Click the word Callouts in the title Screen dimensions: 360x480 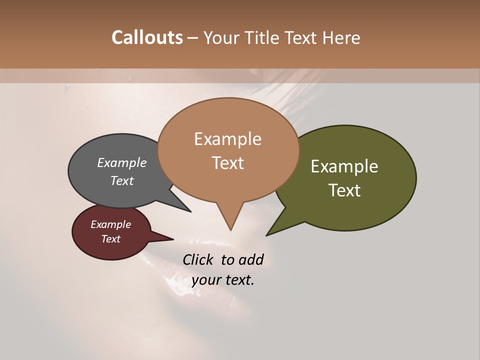coord(147,37)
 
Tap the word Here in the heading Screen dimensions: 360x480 coord(341,37)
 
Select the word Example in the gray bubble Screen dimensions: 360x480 coord(122,162)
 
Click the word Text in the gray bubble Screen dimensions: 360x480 coord(122,180)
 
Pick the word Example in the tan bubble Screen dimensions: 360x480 coord(227,139)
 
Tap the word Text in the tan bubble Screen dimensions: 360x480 coord(227,163)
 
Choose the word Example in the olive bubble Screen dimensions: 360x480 coord(344,166)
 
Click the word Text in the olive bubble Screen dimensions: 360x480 coord(344,190)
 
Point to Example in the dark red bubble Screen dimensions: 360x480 coord(110,224)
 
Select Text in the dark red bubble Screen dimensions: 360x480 coord(110,239)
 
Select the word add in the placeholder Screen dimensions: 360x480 coord(251,259)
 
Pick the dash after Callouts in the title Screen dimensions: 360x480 coord(193,37)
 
